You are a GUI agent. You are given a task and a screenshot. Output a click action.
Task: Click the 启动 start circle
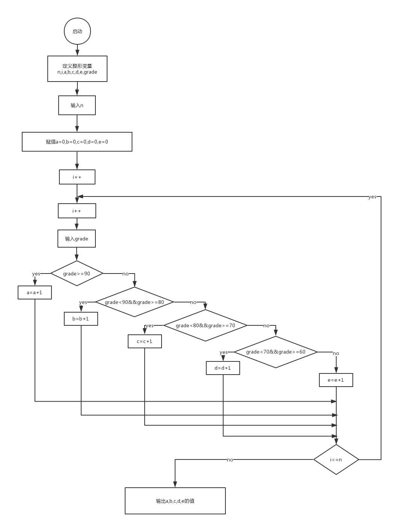77,31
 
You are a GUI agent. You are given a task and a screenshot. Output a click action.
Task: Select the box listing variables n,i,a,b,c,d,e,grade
77,69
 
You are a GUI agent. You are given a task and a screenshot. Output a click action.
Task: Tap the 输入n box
77,105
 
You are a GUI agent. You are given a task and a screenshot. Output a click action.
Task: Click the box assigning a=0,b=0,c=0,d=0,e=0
77,142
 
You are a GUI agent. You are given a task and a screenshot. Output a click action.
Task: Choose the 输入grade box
77,239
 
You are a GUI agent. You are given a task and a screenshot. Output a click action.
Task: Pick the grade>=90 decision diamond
77,274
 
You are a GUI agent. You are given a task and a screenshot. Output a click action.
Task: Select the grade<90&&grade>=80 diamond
135,302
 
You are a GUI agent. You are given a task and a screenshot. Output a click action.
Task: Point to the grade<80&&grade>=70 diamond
206,325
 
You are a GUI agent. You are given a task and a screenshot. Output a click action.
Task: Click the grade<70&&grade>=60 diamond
276,352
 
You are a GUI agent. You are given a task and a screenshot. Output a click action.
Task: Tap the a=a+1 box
35,292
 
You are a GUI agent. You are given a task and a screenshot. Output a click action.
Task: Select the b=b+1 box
81,319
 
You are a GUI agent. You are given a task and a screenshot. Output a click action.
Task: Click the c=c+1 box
145,341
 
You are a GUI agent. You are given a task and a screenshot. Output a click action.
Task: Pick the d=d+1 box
223,368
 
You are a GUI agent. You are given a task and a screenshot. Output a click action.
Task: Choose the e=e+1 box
336,380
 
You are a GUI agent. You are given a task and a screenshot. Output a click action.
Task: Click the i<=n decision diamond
336,459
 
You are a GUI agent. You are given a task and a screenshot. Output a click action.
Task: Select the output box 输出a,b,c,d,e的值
175,501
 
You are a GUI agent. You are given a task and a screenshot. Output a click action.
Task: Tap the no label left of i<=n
230,459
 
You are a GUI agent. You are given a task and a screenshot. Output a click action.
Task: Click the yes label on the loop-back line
372,197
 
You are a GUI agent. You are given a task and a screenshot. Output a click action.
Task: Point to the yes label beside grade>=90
36,274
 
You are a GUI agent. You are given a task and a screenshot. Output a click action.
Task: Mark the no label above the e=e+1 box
336,353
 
